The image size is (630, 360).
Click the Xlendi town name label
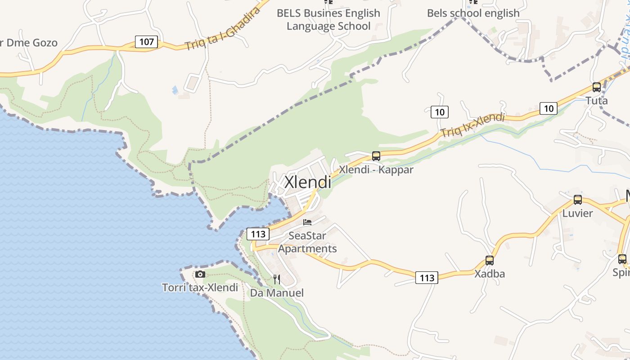pos(308,182)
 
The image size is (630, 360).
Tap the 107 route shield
pos(147,42)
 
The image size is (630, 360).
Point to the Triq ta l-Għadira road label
pos(223,29)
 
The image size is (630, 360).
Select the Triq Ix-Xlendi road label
pos(472,125)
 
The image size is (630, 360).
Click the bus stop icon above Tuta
pos(597,87)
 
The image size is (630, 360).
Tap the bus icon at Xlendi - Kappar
pos(376,156)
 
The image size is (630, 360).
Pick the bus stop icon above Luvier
pos(578,199)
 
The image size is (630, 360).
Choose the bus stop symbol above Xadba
pos(490,260)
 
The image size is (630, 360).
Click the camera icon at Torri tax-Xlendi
pos(200,274)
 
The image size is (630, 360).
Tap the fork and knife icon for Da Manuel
pos(277,279)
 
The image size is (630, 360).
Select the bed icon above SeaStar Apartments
pos(307,222)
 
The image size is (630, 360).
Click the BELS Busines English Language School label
pos(328,19)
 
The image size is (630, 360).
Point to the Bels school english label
pos(473,13)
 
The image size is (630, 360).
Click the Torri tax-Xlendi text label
pos(200,287)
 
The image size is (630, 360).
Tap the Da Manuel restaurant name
pos(277,293)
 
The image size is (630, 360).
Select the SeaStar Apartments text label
pos(307,242)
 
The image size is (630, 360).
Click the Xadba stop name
pos(490,274)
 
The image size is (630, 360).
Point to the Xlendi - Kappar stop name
pos(376,170)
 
